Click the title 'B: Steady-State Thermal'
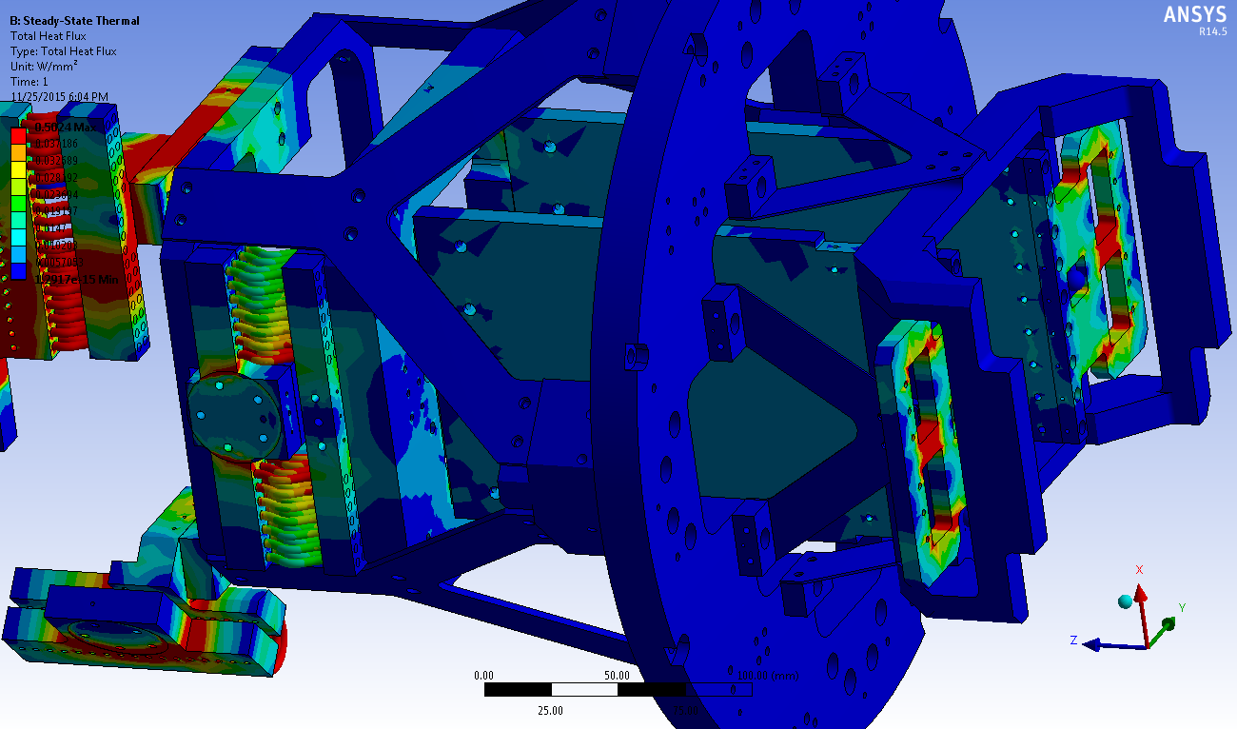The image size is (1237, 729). (74, 21)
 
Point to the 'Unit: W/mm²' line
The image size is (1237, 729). (43, 67)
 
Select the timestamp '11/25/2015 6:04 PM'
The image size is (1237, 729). (59, 97)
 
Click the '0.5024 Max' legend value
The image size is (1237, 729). (64, 128)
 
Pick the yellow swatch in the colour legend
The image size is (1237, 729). (18, 169)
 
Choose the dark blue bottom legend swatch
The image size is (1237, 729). (18, 272)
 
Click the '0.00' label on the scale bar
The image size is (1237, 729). (484, 676)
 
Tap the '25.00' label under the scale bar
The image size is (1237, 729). (551, 710)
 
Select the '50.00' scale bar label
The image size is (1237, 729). (618, 676)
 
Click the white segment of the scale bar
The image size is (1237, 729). (585, 690)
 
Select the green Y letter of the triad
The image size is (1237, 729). (1181, 607)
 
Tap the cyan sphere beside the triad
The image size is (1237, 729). (1125, 601)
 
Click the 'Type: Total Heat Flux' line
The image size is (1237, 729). (63, 51)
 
